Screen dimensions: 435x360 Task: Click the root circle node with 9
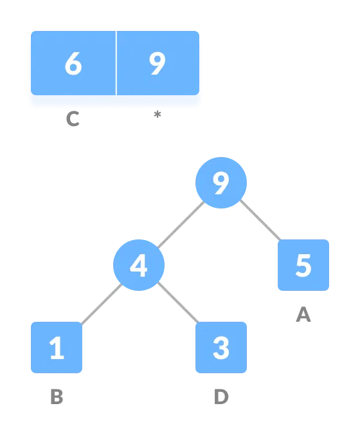[x=221, y=183]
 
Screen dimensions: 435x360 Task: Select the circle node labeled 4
[x=139, y=265]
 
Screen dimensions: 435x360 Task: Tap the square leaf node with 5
[x=303, y=265]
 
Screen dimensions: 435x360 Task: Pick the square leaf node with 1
[x=57, y=347]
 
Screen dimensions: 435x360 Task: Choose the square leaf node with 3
[x=221, y=347]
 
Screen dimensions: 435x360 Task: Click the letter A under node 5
[x=303, y=315]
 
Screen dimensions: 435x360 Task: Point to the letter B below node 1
[x=57, y=397]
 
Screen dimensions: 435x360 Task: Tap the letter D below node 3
[x=221, y=397]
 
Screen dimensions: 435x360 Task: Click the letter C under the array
[x=73, y=119]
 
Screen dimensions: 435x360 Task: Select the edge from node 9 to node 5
[x=260, y=220]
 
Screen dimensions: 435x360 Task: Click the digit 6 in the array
[x=73, y=64]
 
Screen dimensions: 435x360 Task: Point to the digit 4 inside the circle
[x=139, y=265]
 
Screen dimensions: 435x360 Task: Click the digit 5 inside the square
[x=303, y=265]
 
